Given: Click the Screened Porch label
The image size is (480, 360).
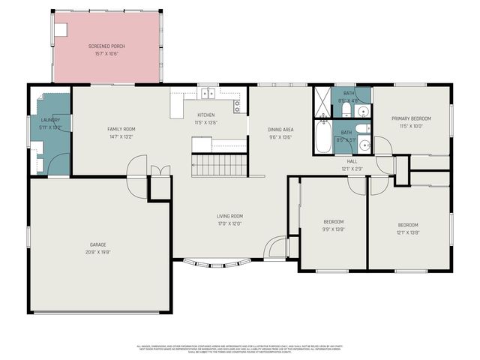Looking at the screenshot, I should point(106,46).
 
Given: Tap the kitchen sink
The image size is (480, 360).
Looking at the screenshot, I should point(208,94).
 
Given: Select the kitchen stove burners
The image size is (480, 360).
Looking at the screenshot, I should point(237,106).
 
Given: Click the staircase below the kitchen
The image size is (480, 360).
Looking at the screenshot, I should point(220,165).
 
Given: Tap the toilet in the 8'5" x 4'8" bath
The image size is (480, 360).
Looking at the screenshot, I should point(346,110).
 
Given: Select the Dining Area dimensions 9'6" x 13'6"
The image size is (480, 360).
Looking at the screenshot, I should point(280,138).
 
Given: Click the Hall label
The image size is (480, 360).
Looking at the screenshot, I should point(352,161).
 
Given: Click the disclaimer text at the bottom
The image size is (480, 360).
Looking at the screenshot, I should point(240,349).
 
